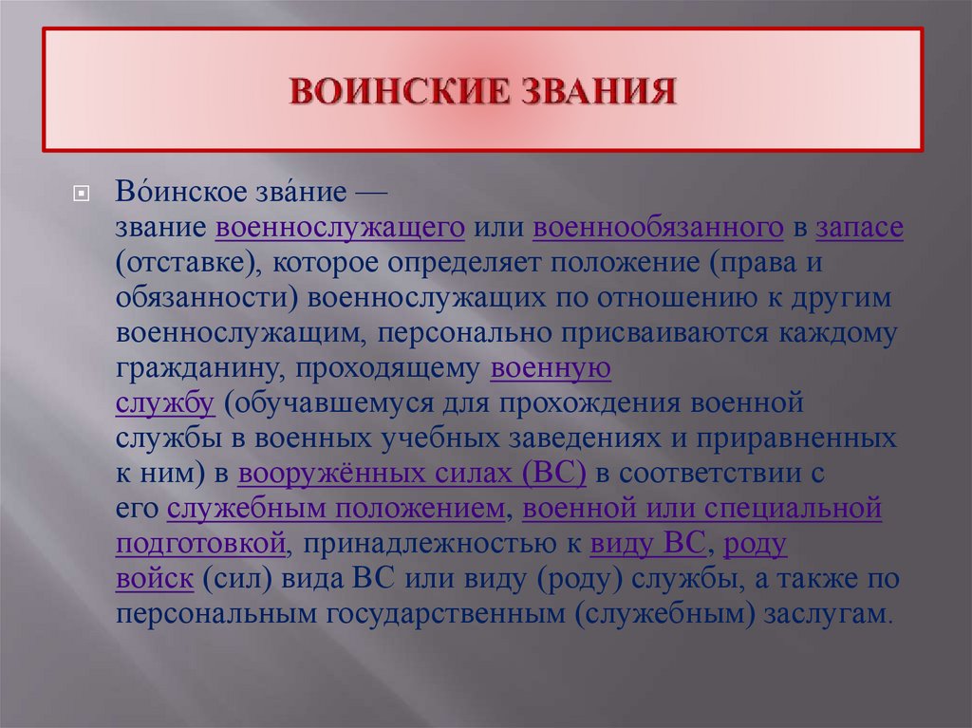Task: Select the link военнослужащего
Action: click(340, 229)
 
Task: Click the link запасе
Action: click(858, 229)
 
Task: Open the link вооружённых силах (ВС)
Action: click(412, 474)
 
